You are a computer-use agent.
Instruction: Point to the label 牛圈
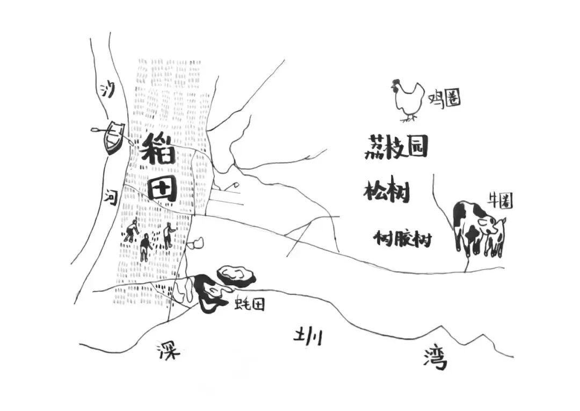(500, 201)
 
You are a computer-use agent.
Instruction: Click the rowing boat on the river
(113, 137)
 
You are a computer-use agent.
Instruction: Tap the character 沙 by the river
(108, 90)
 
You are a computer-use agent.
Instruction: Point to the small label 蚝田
(250, 304)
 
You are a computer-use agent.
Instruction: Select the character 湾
(435, 358)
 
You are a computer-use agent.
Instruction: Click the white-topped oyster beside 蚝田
(236, 275)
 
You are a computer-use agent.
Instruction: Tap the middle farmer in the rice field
(144, 248)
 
